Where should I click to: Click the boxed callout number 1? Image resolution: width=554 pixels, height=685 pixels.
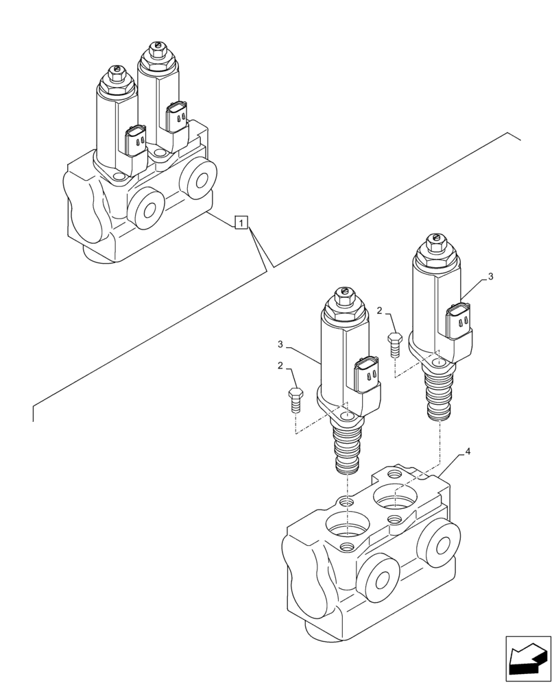241,222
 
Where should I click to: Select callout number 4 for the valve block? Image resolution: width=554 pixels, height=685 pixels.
467,452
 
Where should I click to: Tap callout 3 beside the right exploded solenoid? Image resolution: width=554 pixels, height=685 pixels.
490,277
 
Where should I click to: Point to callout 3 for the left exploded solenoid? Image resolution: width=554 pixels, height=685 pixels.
280,344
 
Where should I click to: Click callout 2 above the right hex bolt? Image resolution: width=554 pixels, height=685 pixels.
379,310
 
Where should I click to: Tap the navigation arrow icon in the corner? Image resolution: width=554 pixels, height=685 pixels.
527,658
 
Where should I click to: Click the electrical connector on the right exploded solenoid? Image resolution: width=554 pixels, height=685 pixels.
458,321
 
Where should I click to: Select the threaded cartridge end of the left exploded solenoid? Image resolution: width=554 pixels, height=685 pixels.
347,451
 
